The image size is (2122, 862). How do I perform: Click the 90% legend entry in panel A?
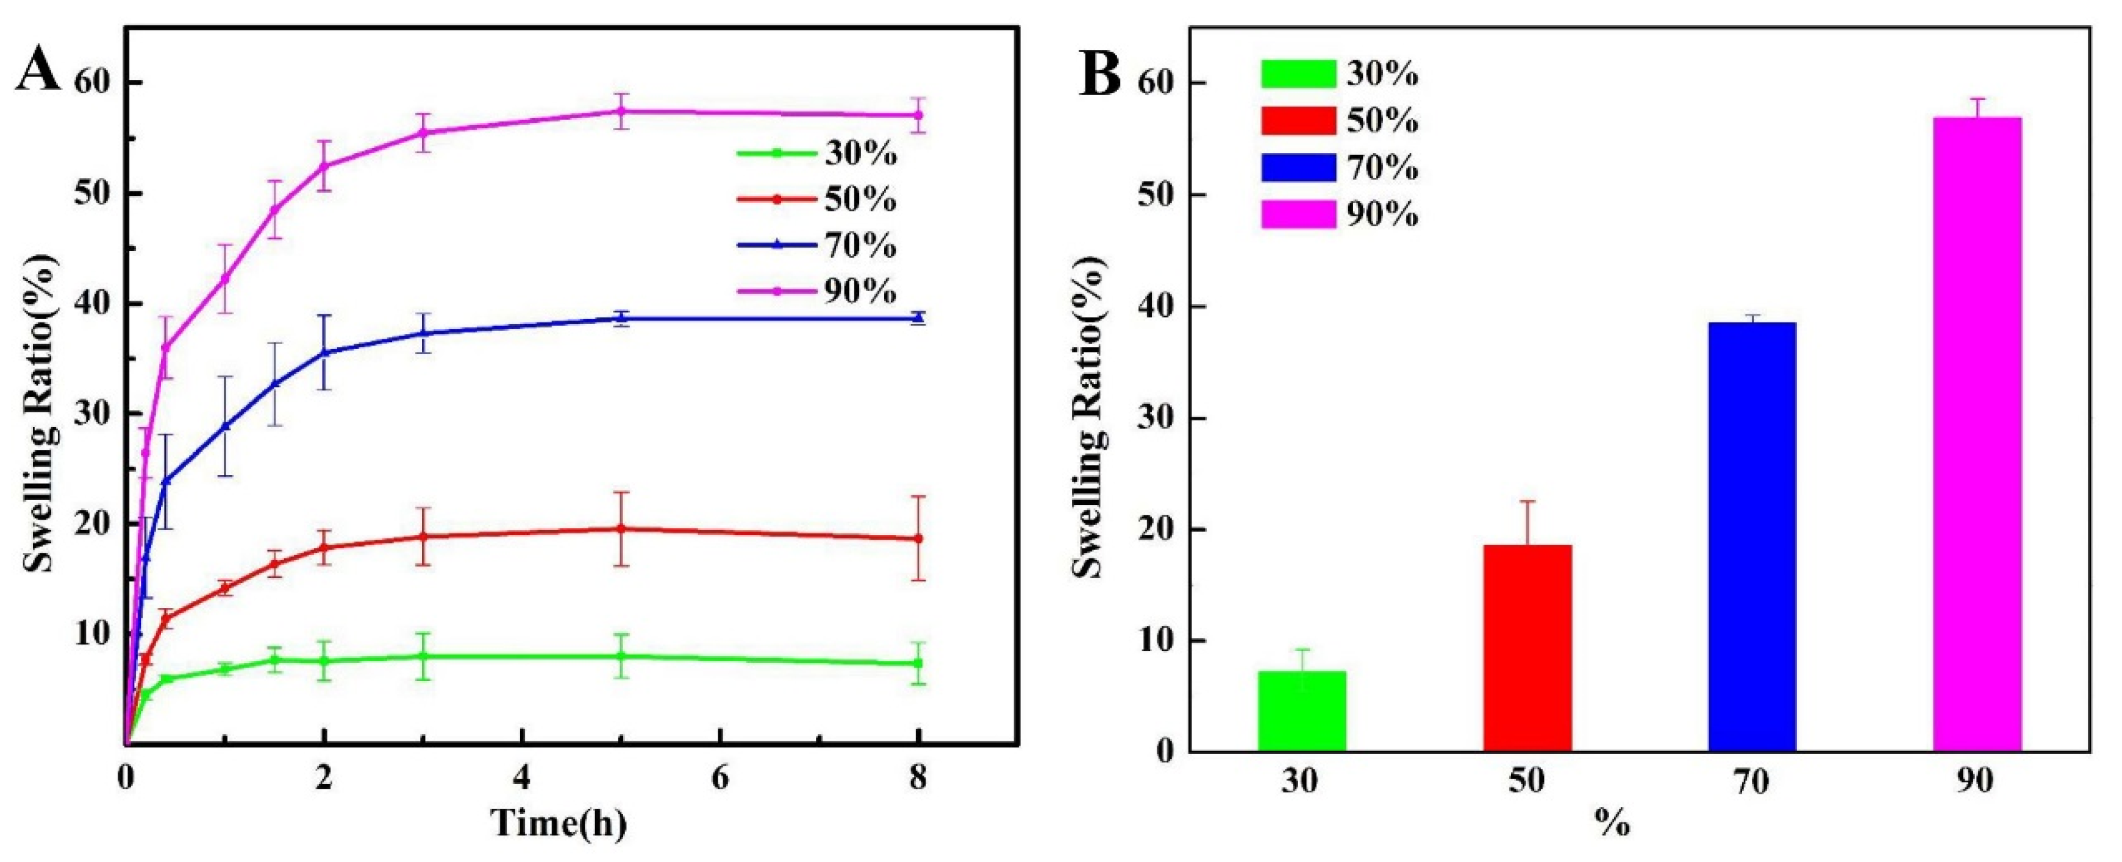[815, 291]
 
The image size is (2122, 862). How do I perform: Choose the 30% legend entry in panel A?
[815, 153]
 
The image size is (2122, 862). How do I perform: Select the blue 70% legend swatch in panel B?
[1298, 168]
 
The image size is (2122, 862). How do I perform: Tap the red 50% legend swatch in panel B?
[1298, 121]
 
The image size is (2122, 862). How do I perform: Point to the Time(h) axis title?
[559, 823]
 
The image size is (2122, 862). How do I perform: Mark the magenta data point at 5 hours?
[622, 111]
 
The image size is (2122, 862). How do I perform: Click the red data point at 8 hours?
[918, 539]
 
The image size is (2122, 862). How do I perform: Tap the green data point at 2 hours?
[324, 660]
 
